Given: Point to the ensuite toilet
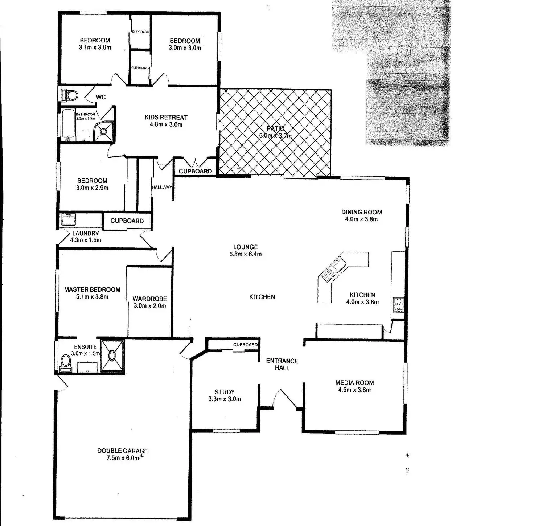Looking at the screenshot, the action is coord(66,362).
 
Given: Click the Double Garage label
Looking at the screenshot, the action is coord(123,451).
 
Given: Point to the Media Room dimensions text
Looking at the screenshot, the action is coord(354,390).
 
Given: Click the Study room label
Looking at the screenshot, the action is coord(225,392).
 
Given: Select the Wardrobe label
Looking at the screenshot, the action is coord(149,299).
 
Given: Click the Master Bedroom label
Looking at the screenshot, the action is coord(92,289).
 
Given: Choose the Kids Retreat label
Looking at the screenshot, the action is coord(166,117).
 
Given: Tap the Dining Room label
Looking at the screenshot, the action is coord(361,212).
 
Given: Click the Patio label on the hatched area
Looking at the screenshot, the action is coord(276,128).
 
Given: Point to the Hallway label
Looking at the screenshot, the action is coord(162,187).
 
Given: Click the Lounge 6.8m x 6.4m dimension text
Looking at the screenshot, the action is coord(245,254).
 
